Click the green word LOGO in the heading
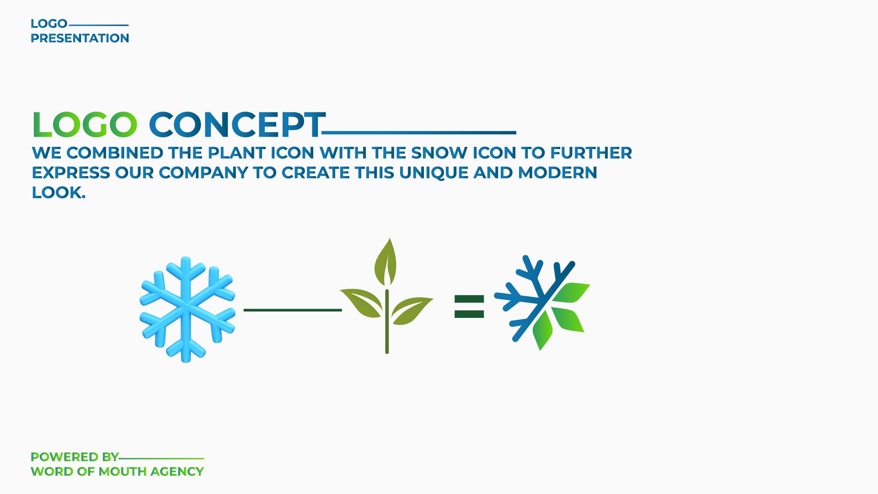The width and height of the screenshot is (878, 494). pyautogui.click(x=85, y=124)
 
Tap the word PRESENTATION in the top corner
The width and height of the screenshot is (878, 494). pyautogui.click(x=80, y=38)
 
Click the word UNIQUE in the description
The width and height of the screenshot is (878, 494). pyautogui.click(x=434, y=173)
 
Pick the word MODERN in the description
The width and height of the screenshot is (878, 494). pyautogui.click(x=557, y=173)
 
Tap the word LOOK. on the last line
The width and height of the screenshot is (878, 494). pyautogui.click(x=59, y=193)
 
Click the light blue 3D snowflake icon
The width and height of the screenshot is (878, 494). pyautogui.click(x=187, y=310)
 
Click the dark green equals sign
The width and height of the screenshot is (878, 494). pyautogui.click(x=469, y=306)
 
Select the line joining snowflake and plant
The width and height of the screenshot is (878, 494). pyautogui.click(x=293, y=310)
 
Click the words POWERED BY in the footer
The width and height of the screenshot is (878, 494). pyautogui.click(x=75, y=457)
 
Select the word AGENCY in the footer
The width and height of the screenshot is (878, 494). pyautogui.click(x=177, y=472)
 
